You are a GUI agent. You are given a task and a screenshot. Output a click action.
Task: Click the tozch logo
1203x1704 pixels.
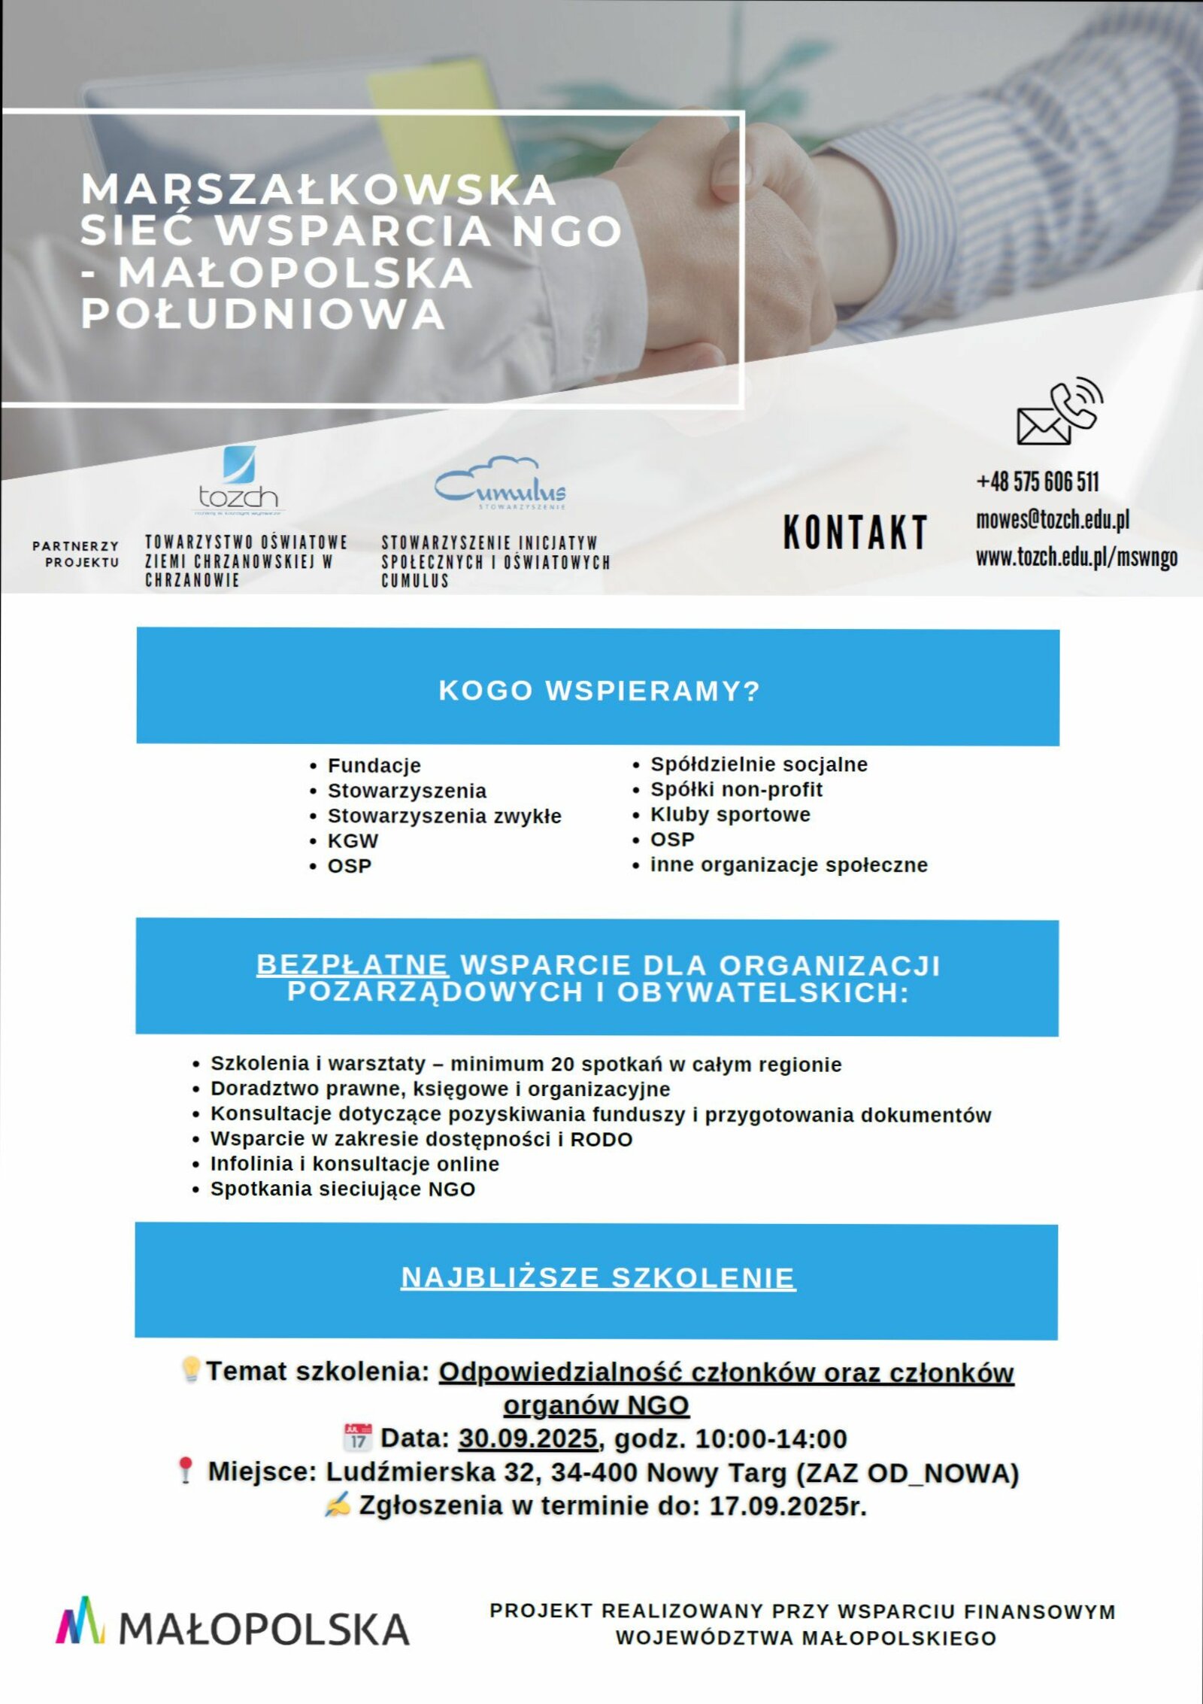pos(239,480)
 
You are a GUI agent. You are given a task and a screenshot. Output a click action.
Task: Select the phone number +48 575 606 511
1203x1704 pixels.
pos(1038,481)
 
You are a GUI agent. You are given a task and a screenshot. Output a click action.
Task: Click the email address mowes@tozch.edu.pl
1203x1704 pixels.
pos(1053,519)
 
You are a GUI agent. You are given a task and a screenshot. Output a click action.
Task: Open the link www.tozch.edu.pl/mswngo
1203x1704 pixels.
pos(1077,557)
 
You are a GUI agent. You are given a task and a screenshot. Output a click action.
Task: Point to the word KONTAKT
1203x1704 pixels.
pos(856,532)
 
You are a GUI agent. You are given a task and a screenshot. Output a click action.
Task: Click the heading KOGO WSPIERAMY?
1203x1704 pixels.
pos(598,690)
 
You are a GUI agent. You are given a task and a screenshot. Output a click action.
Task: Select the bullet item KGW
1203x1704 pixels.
pos(353,840)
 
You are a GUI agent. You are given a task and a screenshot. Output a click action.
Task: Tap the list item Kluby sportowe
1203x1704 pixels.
pos(730,814)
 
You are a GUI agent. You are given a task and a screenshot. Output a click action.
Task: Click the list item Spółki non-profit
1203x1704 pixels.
pos(736,789)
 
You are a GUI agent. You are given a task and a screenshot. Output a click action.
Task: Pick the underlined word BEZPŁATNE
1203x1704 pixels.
pos(352,964)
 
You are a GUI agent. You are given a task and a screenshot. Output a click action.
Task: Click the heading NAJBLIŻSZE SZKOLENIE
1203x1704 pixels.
pos(598,1277)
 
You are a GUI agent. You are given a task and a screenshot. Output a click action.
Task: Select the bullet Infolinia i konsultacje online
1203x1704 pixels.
pos(354,1164)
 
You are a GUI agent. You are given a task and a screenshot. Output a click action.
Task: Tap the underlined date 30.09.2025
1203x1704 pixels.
pos(528,1438)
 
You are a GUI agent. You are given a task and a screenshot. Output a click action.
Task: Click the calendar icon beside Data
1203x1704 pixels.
pos(358,1436)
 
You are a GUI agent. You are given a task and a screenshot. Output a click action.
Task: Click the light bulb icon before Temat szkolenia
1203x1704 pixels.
pos(191,1369)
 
